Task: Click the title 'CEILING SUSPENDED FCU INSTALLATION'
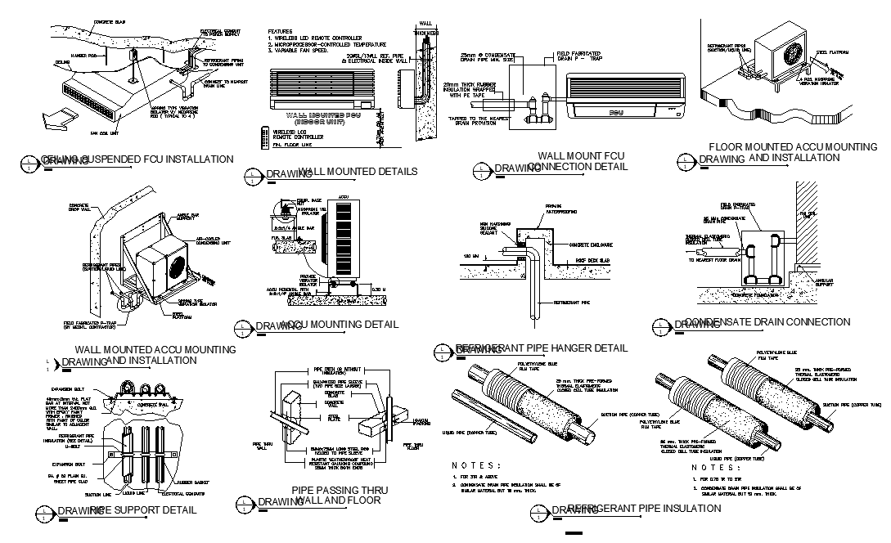click(x=137, y=159)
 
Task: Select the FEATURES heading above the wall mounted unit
click(x=281, y=30)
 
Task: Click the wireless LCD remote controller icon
click(x=263, y=135)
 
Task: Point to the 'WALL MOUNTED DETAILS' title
click(x=358, y=172)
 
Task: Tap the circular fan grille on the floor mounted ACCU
click(x=793, y=54)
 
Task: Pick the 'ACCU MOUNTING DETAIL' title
click(x=339, y=325)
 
